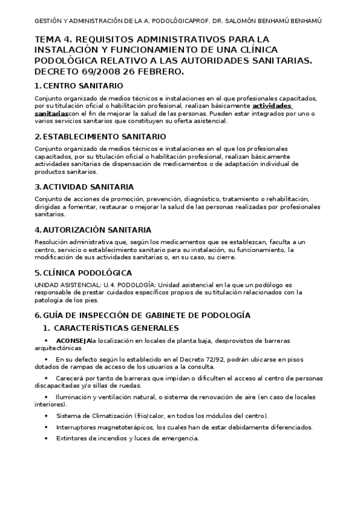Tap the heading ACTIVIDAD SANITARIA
[88, 187]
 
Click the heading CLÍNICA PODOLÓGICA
[88, 272]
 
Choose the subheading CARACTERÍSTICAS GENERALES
[116, 328]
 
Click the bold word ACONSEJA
[75, 341]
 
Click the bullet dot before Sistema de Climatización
[46, 416]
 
